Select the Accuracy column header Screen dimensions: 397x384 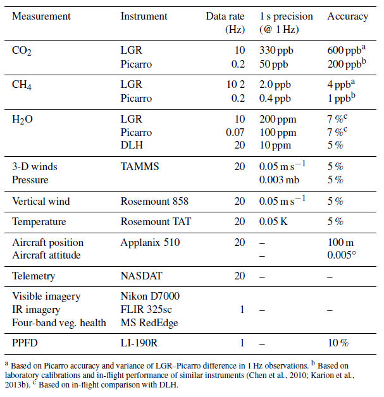click(347, 16)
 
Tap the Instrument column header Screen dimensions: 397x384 click(144, 16)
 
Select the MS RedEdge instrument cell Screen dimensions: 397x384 click(148, 322)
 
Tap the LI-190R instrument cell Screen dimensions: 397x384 click(139, 343)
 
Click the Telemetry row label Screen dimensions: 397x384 click(34, 276)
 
